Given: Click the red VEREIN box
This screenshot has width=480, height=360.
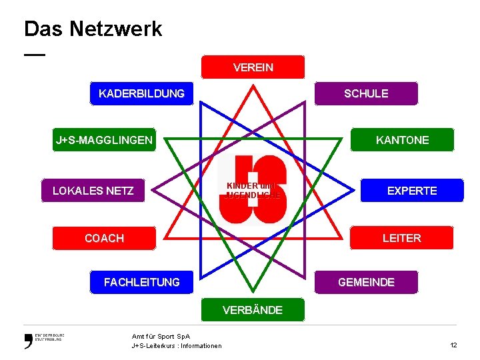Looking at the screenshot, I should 253,67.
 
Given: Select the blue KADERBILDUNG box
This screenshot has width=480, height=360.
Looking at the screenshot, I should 141,93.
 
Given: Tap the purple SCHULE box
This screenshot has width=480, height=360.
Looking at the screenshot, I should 366,93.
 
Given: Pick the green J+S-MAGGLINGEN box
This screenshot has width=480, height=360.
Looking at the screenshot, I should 104,140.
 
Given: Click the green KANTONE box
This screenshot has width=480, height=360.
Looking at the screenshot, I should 402,140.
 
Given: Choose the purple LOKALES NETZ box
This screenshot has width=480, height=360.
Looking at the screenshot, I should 93,191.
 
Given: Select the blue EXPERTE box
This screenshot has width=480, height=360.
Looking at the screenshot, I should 412,191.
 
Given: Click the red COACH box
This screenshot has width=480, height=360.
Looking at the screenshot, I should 104,238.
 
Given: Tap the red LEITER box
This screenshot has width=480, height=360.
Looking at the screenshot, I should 401,238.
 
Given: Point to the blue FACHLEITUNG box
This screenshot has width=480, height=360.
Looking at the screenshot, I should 141,283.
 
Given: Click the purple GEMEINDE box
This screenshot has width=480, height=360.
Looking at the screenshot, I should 366,283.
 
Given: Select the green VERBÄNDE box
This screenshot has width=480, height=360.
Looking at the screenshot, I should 253,310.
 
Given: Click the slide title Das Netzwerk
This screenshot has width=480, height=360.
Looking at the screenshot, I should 93,29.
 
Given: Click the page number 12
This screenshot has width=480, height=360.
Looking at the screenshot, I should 453,345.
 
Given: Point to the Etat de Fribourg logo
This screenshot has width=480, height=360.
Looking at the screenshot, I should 44,340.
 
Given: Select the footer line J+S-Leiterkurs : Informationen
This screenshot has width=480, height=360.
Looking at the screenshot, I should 177,345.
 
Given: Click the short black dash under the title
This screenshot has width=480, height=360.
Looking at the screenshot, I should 35,54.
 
